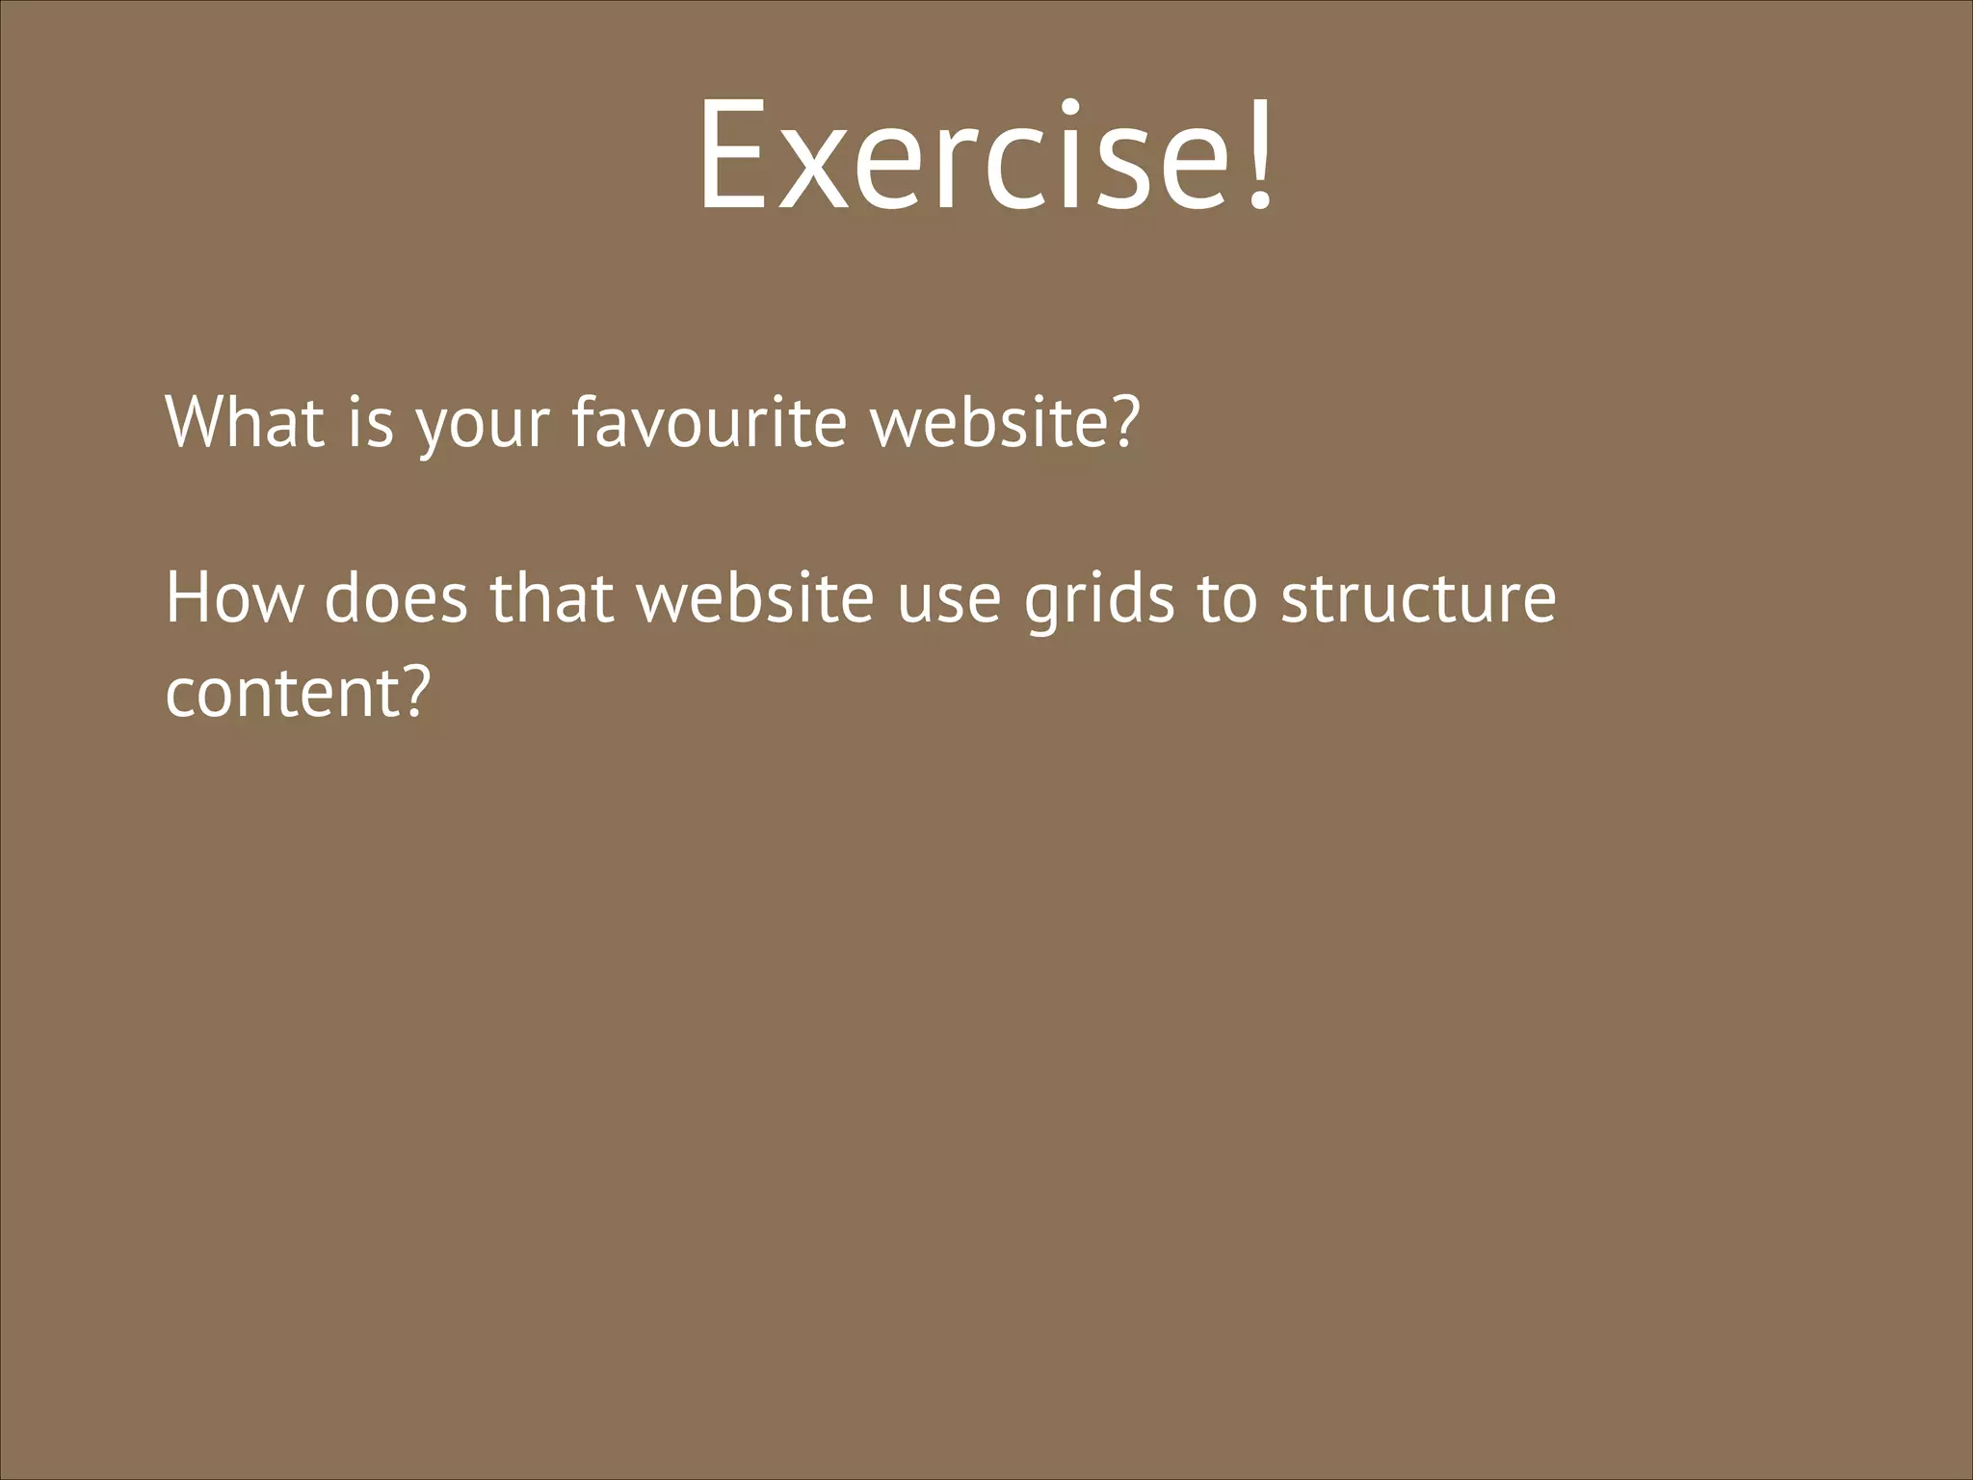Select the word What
point(245,422)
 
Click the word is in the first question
point(371,422)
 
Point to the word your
point(483,429)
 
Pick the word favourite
point(709,422)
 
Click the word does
point(396,598)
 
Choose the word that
point(552,598)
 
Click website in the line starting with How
point(754,598)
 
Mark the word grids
point(1099,602)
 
